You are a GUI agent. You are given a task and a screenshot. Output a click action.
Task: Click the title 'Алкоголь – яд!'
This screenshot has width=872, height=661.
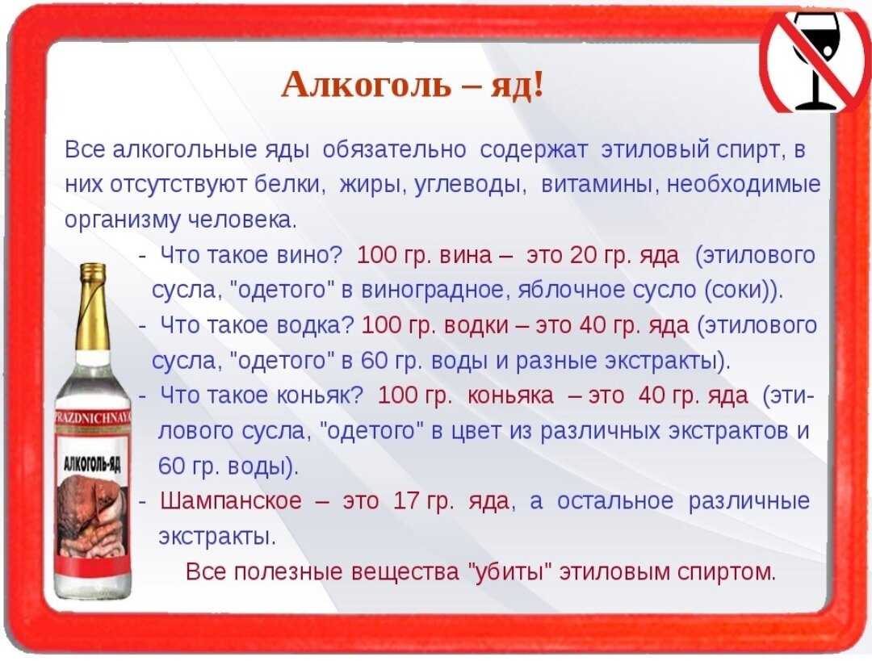point(412,86)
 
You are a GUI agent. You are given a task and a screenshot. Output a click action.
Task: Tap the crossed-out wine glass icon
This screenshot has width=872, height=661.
point(815,58)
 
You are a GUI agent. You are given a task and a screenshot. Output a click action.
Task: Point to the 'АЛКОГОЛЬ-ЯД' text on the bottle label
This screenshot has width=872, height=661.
point(93,463)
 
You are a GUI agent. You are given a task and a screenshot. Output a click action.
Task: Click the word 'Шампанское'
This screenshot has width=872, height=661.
point(230,501)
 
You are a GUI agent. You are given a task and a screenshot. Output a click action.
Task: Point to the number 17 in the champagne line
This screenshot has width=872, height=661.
point(406,501)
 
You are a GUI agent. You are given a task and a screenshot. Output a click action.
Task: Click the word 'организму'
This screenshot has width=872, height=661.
point(119,220)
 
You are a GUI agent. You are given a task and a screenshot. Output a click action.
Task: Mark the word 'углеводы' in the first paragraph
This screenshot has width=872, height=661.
point(471,185)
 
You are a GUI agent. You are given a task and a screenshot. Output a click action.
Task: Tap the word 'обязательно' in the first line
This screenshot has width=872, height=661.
point(394,149)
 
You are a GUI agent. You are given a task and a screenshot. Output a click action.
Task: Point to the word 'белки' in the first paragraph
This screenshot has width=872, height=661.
point(289,185)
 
